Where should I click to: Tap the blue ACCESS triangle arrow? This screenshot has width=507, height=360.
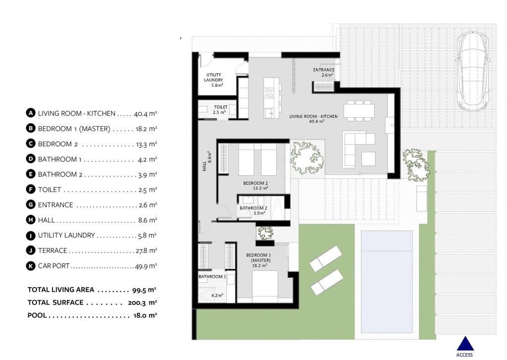click(x=464, y=345)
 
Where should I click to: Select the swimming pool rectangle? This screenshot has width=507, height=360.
click(x=387, y=281)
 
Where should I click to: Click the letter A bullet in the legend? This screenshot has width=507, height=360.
click(x=31, y=113)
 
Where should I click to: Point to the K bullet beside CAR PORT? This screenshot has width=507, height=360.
click(x=31, y=266)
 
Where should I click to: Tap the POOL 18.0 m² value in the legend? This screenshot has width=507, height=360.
click(x=147, y=315)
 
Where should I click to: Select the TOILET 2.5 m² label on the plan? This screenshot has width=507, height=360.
click(x=220, y=109)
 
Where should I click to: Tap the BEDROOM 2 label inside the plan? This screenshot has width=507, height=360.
click(x=255, y=185)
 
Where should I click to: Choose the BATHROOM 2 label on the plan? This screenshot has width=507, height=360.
click(x=253, y=210)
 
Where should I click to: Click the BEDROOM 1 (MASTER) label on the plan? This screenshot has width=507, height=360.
click(x=257, y=260)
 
